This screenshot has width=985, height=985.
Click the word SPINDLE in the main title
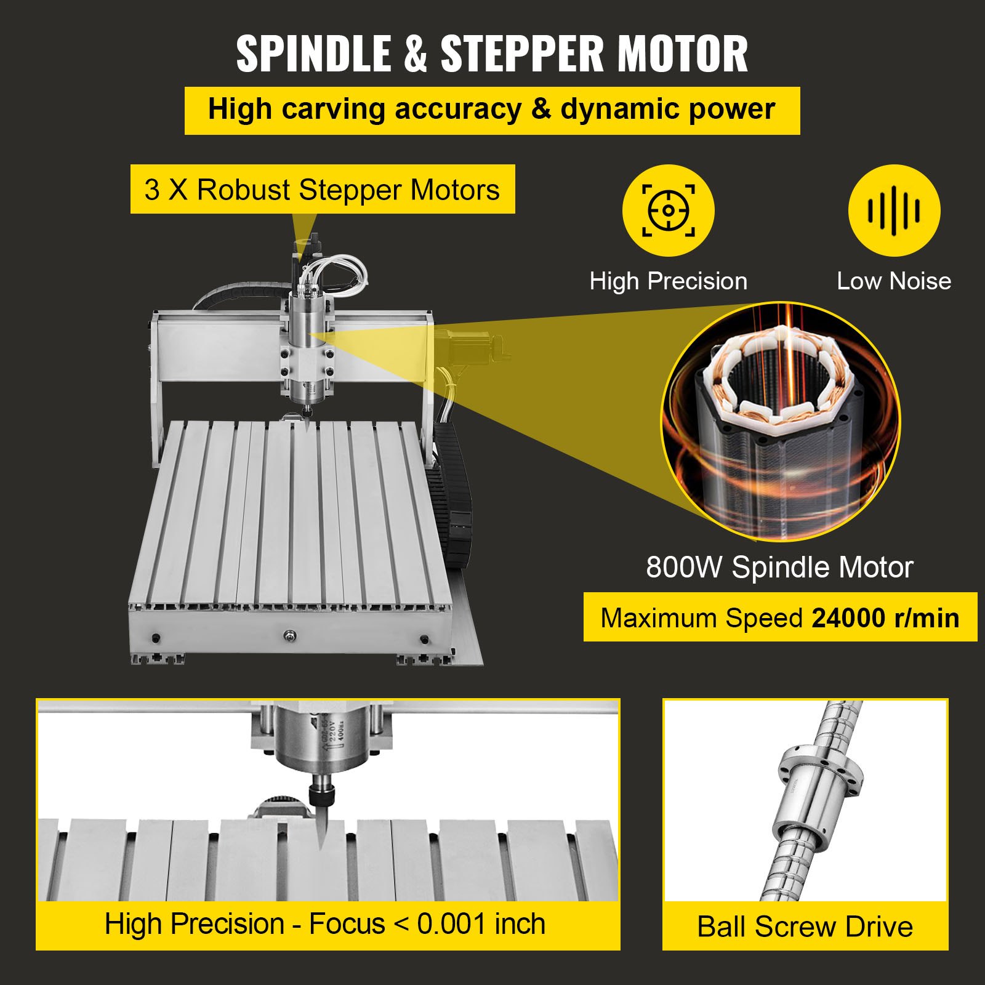[x=315, y=54]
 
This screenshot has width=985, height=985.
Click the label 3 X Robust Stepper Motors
[x=322, y=190]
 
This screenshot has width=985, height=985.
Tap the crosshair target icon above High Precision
[x=668, y=211]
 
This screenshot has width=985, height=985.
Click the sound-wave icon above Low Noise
[x=894, y=211]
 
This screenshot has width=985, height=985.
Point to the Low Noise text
[x=893, y=281]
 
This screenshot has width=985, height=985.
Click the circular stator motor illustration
[x=781, y=422]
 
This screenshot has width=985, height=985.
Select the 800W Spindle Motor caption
[x=779, y=567]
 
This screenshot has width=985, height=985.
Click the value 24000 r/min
[x=885, y=618]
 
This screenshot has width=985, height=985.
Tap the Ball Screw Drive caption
[x=805, y=927]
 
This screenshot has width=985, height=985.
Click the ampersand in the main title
[x=416, y=54]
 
